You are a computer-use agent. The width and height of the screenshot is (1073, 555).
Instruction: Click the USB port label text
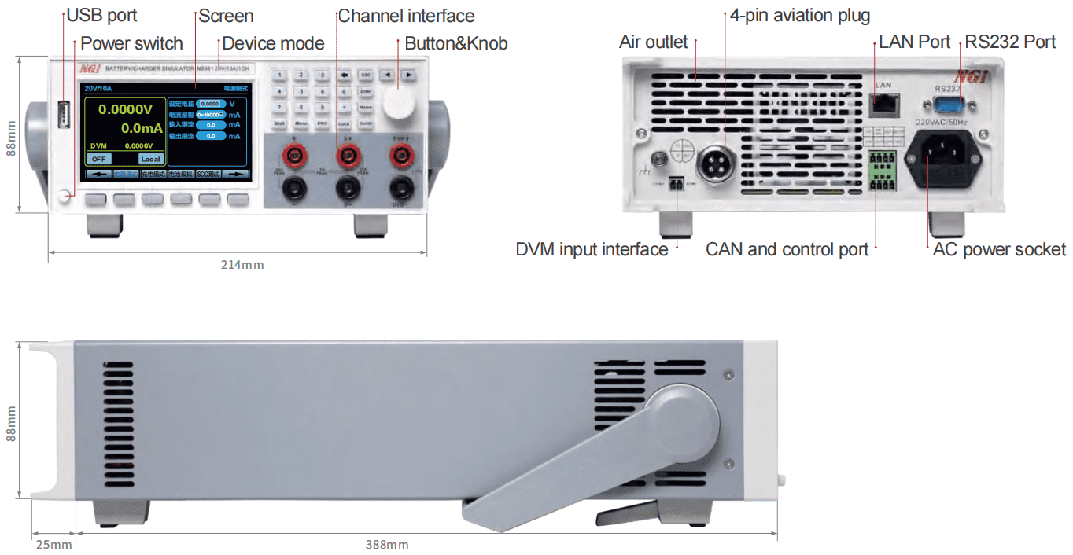pyautogui.click(x=101, y=15)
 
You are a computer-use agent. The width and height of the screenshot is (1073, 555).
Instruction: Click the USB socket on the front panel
pyautogui.click(x=64, y=115)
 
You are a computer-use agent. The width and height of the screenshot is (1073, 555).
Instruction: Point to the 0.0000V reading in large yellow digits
pyautogui.click(x=125, y=109)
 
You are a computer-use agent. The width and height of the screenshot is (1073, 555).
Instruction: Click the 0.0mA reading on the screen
pyautogui.click(x=142, y=128)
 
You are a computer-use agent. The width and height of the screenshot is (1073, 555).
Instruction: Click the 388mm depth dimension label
pyautogui.click(x=387, y=544)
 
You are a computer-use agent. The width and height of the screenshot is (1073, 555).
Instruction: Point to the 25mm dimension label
pyautogui.click(x=53, y=544)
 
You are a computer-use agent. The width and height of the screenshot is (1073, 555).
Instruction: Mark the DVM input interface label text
pyautogui.click(x=592, y=250)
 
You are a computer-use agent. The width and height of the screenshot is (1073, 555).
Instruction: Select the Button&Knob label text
pyautogui.click(x=456, y=43)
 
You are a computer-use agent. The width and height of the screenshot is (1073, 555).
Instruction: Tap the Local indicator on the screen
pyautogui.click(x=150, y=159)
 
